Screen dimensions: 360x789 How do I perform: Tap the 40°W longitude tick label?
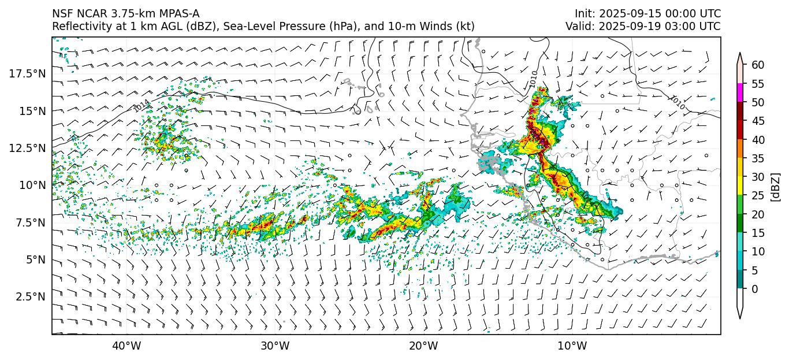(126, 346)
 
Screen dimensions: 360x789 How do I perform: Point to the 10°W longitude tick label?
(572, 346)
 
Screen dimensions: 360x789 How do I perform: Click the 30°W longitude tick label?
(275, 346)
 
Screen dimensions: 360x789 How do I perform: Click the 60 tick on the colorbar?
(758, 65)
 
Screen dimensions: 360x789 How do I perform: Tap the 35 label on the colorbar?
(758, 158)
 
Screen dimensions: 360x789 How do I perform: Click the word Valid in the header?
(578, 26)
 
